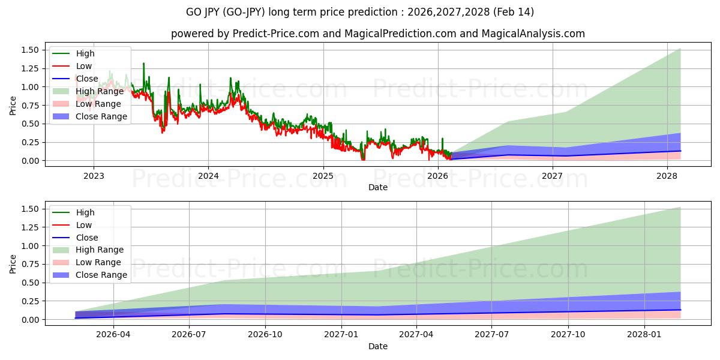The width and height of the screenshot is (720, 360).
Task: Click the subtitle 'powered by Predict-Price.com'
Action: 245,34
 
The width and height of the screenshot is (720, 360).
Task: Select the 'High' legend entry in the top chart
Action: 85,53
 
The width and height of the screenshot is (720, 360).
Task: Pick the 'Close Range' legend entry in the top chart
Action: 101,116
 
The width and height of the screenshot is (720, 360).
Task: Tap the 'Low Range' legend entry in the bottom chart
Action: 98,262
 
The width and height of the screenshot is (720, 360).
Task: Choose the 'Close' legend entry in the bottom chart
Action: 86,238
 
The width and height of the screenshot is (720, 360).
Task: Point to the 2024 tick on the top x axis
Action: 208,176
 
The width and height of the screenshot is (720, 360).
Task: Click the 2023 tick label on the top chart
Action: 94,176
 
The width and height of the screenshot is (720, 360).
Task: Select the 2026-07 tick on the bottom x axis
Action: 189,335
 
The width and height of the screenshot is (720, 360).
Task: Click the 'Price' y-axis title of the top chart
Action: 13,105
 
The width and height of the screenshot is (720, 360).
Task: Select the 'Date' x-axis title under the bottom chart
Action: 377,346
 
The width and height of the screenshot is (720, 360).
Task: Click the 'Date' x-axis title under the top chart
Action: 377,187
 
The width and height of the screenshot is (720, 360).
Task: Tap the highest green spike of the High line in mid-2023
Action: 143,63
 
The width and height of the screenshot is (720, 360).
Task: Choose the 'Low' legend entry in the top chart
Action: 84,66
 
